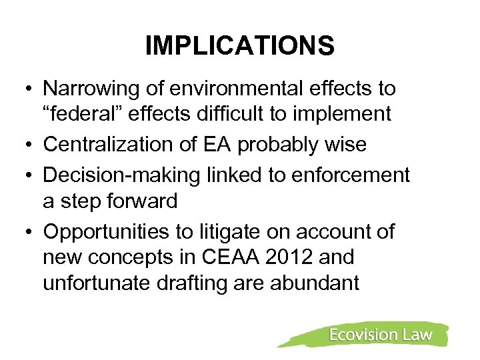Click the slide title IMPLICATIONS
(x=239, y=46)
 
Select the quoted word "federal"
(x=82, y=114)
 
